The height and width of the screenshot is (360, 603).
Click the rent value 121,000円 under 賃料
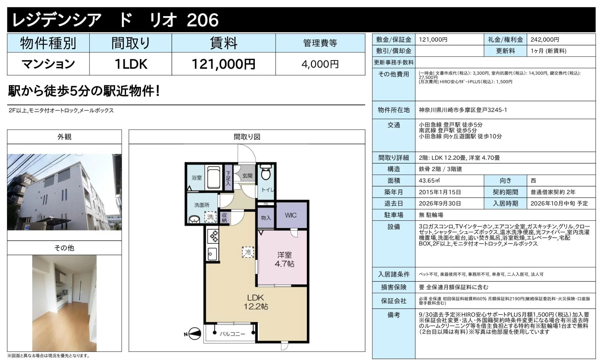pyautogui.click(x=223, y=64)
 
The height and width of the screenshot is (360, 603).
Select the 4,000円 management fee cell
pyautogui.click(x=320, y=64)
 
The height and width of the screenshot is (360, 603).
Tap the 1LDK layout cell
pyautogui.click(x=131, y=64)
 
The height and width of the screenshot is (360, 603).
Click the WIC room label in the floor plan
pyautogui.click(x=291, y=215)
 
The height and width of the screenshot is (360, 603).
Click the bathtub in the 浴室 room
pyautogui.click(x=214, y=178)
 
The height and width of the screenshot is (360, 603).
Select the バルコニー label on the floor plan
pyautogui.click(x=232, y=334)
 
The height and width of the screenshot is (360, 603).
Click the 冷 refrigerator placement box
pyautogui.click(x=248, y=252)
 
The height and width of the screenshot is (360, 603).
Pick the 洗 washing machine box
pyautogui.click(x=211, y=217)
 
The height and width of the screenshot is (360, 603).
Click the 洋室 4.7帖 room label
pyautogui.click(x=284, y=259)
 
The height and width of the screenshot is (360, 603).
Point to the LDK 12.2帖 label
pyautogui.click(x=255, y=302)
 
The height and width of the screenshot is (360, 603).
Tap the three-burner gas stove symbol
pyautogui.click(x=213, y=236)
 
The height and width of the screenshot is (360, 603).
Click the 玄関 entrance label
pyautogui.click(x=247, y=176)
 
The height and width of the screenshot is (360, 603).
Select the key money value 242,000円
pyautogui.click(x=545, y=40)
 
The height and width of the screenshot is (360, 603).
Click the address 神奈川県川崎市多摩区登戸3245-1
pyautogui.click(x=463, y=110)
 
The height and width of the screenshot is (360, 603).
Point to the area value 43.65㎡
pyautogui.click(x=429, y=181)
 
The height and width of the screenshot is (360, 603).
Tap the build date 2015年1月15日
pyautogui.click(x=440, y=192)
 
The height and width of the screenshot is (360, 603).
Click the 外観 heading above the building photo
pyautogui.click(x=64, y=137)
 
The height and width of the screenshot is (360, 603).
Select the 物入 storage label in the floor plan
pyautogui.click(x=266, y=218)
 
